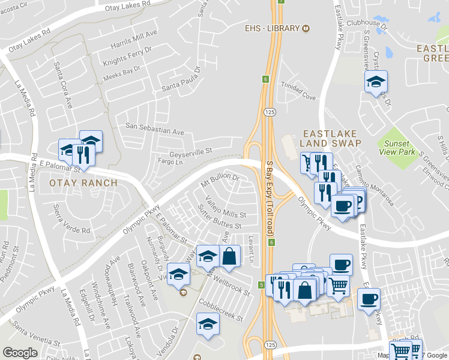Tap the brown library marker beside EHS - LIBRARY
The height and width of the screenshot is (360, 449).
click(x=306, y=28)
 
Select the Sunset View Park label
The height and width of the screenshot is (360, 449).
click(x=397, y=148)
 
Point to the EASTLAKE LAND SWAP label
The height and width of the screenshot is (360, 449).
click(x=331, y=138)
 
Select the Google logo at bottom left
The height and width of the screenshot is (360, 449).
click(x=20, y=353)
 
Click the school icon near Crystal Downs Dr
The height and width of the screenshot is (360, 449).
click(x=376, y=82)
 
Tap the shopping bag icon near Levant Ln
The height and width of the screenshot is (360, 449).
click(x=230, y=257)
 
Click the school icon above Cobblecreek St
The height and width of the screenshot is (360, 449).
click(x=208, y=324)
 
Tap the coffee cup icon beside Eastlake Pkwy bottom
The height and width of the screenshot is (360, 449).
click(x=369, y=298)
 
